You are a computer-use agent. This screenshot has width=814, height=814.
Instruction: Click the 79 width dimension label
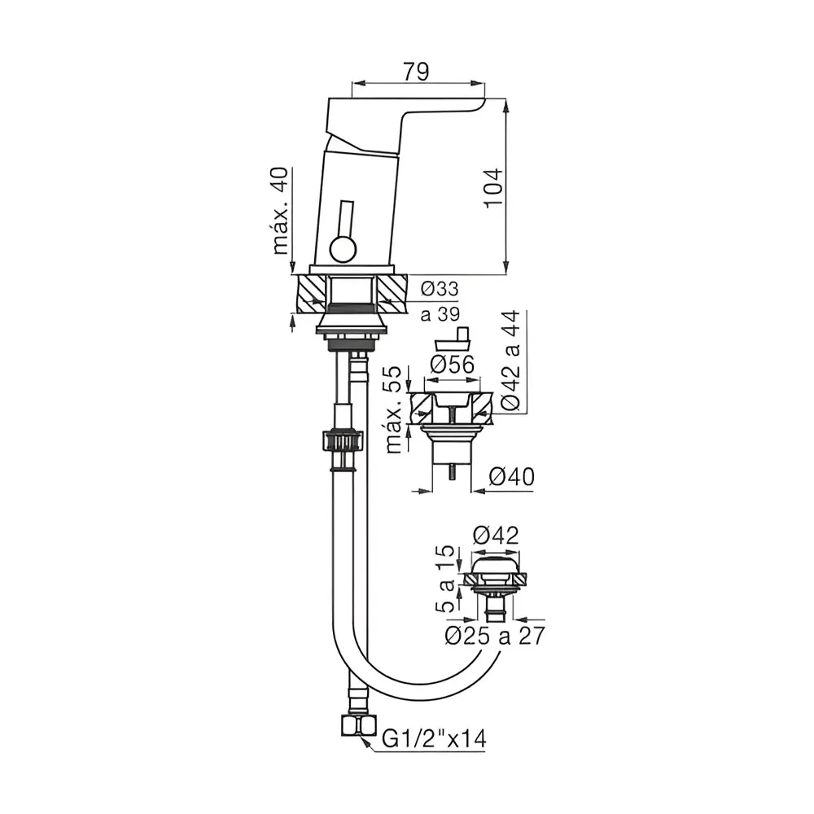[x=416, y=72]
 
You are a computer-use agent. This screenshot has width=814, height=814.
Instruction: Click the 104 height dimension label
[x=494, y=187]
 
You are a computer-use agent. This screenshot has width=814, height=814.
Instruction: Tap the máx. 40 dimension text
[x=280, y=211]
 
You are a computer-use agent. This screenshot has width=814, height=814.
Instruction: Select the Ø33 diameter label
[x=440, y=289]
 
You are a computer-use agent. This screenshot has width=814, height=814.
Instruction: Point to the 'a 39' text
[x=440, y=313]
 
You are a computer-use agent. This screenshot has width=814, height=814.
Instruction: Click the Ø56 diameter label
[x=452, y=365]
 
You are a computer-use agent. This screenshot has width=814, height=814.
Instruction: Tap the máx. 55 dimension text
[x=394, y=409]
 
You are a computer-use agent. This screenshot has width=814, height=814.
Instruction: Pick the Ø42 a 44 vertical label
[x=511, y=361]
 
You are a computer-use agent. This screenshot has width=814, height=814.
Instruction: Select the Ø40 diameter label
[x=512, y=476]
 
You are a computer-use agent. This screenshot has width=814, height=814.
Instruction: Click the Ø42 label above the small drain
[x=497, y=536]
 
